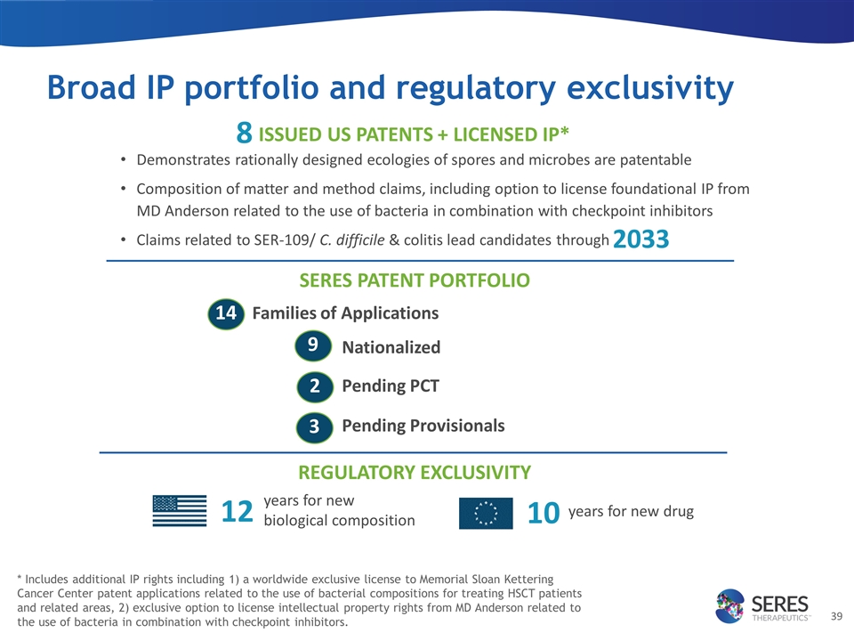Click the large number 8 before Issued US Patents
pos(244,134)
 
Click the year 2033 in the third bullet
pos(640,239)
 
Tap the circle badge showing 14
pos(226,313)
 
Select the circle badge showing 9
pos(313,345)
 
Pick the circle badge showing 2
pos(314,386)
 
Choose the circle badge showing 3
pos(314,426)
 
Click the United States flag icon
pos(180,512)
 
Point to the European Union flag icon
pos(486,513)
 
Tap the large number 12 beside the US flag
pos(237,512)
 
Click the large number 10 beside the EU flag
pos(543,513)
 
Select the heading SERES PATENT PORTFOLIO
pos(415,281)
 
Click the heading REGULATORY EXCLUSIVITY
pos(415,473)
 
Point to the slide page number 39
pos(835,616)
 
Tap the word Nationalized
pos(391,347)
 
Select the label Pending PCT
pos(391,386)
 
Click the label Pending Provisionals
pos(423,426)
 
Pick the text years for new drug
pos(630,512)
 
